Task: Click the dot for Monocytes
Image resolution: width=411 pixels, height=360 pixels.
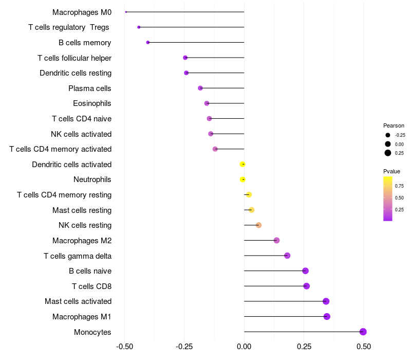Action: tap(363, 332)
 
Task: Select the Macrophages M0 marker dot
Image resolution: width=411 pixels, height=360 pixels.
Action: tap(126, 12)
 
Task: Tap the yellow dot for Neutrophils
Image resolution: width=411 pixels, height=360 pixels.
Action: tap(242, 179)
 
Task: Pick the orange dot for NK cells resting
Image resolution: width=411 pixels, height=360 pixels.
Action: tap(258, 225)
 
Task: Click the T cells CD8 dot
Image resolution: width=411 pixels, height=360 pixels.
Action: tap(306, 286)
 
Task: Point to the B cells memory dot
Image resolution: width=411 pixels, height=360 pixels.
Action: tap(148, 42)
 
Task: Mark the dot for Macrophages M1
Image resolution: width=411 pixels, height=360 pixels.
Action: tap(327, 316)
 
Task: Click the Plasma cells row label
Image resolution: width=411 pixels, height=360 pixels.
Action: tap(90, 88)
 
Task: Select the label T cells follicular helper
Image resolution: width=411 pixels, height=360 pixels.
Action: tap(74, 58)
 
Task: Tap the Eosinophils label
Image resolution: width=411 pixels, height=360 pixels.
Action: tap(92, 103)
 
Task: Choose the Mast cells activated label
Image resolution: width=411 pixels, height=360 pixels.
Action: tap(78, 301)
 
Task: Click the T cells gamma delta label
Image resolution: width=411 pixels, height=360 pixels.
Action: tap(78, 256)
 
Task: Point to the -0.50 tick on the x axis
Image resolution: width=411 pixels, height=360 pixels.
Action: tap(124, 347)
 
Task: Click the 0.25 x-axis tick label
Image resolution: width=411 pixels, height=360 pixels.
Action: tap(304, 347)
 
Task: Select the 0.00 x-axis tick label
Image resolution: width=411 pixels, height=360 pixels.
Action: tap(244, 347)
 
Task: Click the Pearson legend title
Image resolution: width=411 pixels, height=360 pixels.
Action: tap(394, 125)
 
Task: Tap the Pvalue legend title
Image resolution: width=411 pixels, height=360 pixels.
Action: tap(391, 171)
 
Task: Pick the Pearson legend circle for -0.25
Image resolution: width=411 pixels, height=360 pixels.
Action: tap(388, 135)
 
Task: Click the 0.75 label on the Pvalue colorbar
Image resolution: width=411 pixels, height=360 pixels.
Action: tap(399, 186)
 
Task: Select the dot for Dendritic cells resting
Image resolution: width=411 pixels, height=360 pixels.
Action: tap(186, 73)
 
